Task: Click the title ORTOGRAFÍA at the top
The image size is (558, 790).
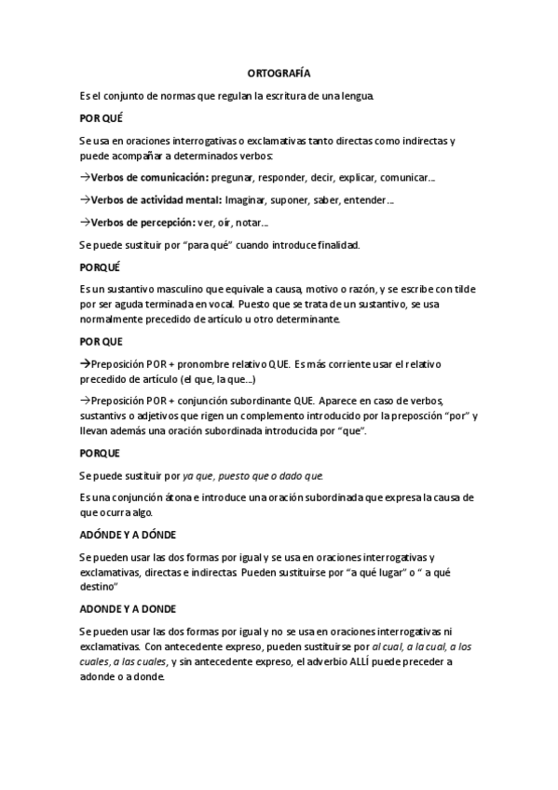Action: pos(279,72)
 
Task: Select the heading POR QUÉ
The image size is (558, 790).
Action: pos(101,119)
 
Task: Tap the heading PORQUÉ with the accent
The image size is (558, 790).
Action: pos(101,266)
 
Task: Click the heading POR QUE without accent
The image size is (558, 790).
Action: pos(101,342)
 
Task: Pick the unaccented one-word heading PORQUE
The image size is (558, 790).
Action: pos(100,453)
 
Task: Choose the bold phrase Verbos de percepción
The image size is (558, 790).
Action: pos(142,223)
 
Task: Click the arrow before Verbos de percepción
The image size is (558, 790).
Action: pos(84,223)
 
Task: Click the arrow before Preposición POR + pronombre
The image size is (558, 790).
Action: pos(84,364)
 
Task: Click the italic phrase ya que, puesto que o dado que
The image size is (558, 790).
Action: pos(252,476)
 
